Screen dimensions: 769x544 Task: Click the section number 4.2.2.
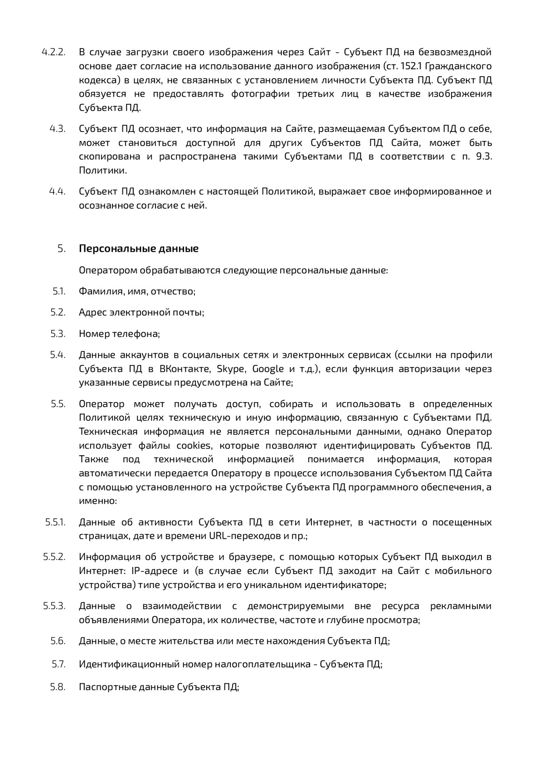pos(53,52)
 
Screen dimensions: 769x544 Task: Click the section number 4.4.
pos(58,191)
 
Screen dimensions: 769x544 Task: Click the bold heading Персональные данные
pos(139,249)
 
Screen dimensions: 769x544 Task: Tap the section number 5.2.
pos(58,312)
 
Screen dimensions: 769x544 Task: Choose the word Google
pos(268,369)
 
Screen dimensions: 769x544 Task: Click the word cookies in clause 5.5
pos(194,445)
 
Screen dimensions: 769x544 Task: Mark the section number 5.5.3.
pos(54,606)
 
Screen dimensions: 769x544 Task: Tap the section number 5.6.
pos(58,641)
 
